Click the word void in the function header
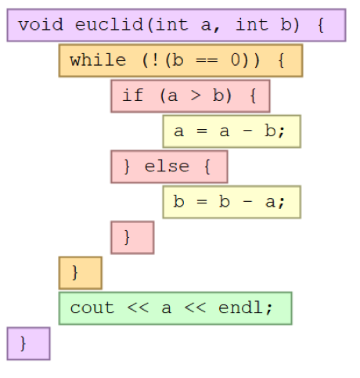41,25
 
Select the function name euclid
109,25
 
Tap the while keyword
98,60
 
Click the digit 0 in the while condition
236,60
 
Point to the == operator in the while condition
207,60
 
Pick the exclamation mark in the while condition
155,60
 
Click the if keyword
133,95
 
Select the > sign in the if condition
196,95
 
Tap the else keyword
167,166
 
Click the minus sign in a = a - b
248,131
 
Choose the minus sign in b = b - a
248,202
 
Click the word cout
92,308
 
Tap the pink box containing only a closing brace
132,238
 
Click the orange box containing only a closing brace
81,273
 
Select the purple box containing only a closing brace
29,344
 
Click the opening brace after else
207,167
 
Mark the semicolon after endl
269,309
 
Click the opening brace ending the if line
253,95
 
